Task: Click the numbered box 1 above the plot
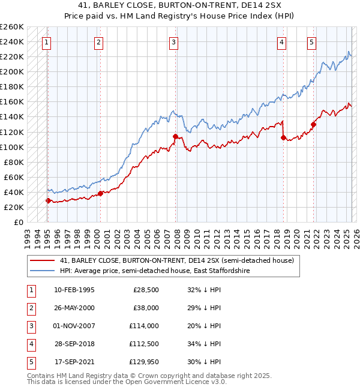tap(46, 42)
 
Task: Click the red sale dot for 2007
tap(175, 136)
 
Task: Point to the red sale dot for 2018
tap(283, 137)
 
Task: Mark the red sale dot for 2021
tap(313, 124)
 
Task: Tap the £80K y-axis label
tap(14, 162)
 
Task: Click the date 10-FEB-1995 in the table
tap(74, 290)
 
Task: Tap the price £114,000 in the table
tap(145, 326)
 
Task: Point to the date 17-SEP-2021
tap(74, 362)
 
